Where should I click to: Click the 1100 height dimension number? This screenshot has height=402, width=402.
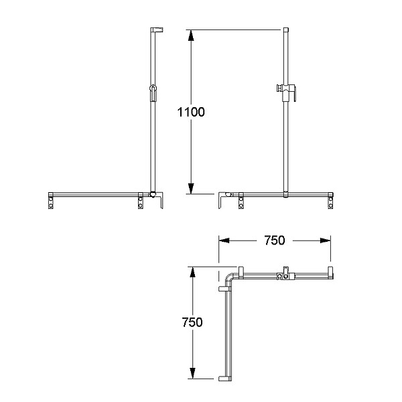191,112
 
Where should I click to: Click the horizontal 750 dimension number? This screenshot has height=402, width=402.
275,241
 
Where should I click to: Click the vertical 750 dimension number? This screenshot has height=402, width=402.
192,322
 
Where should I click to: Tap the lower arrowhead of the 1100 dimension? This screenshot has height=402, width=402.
191,189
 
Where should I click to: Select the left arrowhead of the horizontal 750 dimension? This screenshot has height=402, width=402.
224,241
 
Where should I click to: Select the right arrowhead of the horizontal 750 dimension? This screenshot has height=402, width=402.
326,241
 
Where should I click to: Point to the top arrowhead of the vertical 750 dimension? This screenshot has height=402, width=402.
192,272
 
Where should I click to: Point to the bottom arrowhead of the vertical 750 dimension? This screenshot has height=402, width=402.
192,373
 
